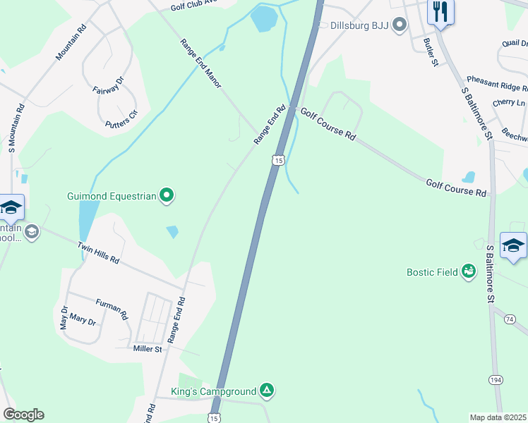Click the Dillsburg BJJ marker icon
point(400,25)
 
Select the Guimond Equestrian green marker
point(167,195)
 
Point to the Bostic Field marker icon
point(468,271)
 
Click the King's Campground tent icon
point(266,390)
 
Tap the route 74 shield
point(510,319)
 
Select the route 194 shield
point(496,380)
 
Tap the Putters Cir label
point(117,124)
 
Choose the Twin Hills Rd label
point(98,251)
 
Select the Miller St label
point(148,348)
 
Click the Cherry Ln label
point(509,103)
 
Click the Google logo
point(23,415)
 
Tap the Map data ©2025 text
point(498,417)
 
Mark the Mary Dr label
point(83,320)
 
